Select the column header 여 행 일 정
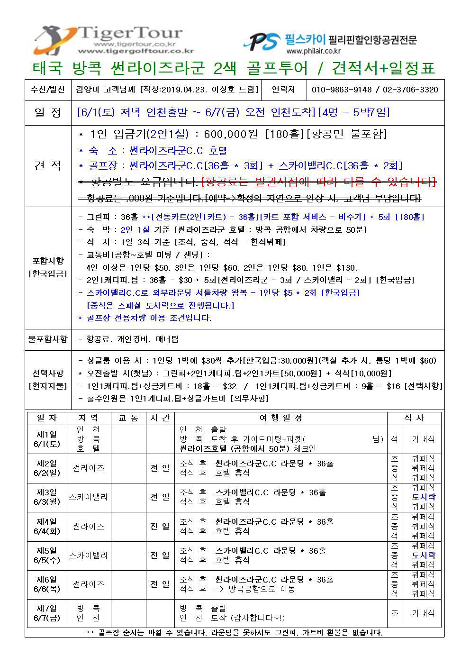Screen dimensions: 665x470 (280, 418)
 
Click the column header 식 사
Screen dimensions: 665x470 (415, 418)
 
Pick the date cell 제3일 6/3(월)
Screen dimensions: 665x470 (47, 497)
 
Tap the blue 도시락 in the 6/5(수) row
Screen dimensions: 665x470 (423, 555)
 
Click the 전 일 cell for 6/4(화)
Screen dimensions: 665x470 (160, 526)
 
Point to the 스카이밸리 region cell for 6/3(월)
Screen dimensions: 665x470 (88, 497)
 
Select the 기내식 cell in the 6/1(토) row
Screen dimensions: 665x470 (423, 439)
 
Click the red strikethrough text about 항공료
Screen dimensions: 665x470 (318, 182)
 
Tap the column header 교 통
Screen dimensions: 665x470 (128, 418)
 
